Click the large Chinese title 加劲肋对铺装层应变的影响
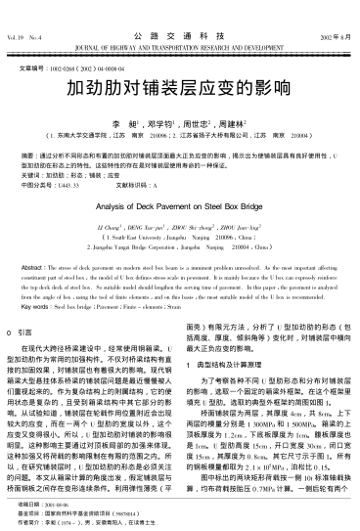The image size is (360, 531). (x=179, y=87)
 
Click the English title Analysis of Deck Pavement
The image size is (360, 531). (x=180, y=206)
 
